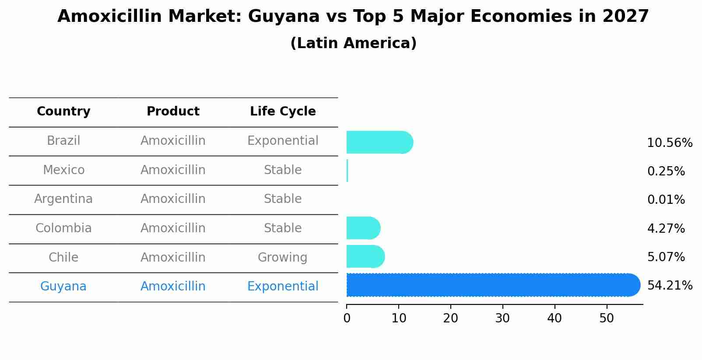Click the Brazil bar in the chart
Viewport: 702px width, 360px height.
[379, 142]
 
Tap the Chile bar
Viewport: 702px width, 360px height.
[365, 257]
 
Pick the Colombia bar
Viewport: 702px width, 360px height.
[363, 228]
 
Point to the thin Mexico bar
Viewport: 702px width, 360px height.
[347, 171]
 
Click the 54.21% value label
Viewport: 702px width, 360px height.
[670, 286]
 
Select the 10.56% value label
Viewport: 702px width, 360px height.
[670, 143]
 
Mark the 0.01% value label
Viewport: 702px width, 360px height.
[666, 200]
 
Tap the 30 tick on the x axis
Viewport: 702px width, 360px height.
[502, 318]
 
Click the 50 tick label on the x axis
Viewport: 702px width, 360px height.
[607, 318]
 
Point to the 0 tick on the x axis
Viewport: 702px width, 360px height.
[347, 318]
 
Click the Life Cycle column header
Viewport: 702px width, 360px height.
[283, 112]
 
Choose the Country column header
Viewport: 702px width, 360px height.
[63, 112]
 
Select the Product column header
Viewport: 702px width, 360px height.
[173, 112]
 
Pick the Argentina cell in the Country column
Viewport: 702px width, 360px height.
[63, 199]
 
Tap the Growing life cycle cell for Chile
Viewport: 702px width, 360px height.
[283, 257]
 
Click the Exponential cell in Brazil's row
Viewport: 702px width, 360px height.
[283, 141]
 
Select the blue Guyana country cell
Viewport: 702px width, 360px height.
[63, 287]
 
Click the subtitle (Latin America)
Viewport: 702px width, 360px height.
[353, 43]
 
